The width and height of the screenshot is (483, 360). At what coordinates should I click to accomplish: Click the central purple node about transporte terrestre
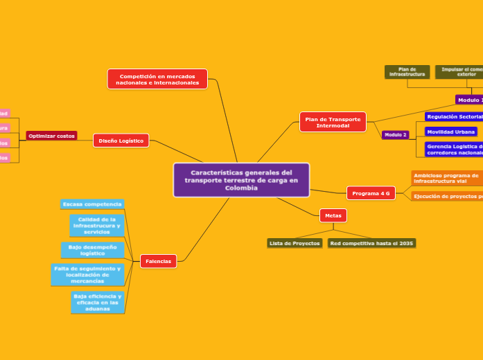pyautogui.click(x=241, y=180)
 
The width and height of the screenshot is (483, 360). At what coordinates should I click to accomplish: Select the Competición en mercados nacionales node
pyautogui.click(x=157, y=79)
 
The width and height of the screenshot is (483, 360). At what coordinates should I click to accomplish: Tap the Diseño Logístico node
pyautogui.click(x=121, y=141)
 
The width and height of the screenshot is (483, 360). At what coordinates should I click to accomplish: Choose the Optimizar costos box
pyautogui.click(x=52, y=136)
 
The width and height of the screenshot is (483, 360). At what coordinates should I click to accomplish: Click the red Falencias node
pyautogui.click(x=159, y=261)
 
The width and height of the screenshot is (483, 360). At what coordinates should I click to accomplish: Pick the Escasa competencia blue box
pyautogui.click(x=92, y=204)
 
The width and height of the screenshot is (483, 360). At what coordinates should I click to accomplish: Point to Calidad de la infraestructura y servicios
pyautogui.click(x=97, y=225)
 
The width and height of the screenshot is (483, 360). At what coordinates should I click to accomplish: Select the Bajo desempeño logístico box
pyautogui.click(x=92, y=250)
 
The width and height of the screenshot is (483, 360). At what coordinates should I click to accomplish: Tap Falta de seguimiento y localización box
pyautogui.click(x=87, y=274)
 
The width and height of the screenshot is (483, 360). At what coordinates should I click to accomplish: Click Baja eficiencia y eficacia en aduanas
pyautogui.click(x=98, y=302)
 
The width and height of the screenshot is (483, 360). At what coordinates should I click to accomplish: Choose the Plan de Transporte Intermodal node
pyautogui.click(x=333, y=122)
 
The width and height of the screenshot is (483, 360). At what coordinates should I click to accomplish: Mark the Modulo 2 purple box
pyautogui.click(x=396, y=134)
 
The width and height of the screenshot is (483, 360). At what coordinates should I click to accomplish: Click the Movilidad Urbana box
pyautogui.click(x=451, y=131)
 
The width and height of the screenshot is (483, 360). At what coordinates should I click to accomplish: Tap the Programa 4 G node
pyautogui.click(x=371, y=193)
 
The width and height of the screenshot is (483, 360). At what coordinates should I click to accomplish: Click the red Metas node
pyautogui.click(x=333, y=215)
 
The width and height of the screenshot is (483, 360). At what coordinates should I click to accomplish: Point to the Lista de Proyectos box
pyautogui.click(x=295, y=243)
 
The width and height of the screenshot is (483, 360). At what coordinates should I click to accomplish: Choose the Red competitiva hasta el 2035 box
pyautogui.click(x=371, y=243)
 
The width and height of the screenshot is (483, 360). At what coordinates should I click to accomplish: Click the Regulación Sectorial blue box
pyautogui.click(x=454, y=116)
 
